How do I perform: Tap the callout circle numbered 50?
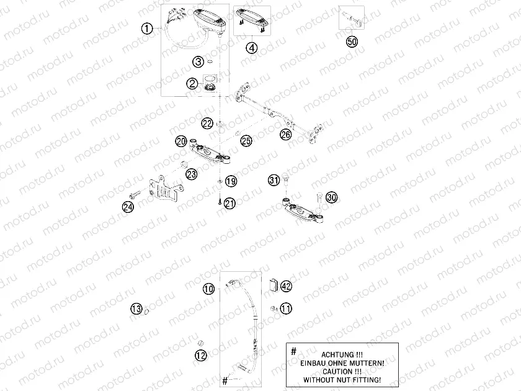tap(351, 42)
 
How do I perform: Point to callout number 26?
tap(285, 133)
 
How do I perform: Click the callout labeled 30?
tap(331, 197)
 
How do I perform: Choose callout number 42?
tap(285, 286)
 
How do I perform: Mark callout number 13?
tap(136, 308)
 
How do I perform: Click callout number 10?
tap(208, 289)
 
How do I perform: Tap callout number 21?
tap(230, 203)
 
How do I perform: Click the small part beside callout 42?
tap(271, 285)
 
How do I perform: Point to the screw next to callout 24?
tap(137, 194)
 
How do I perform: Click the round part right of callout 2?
tap(210, 85)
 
